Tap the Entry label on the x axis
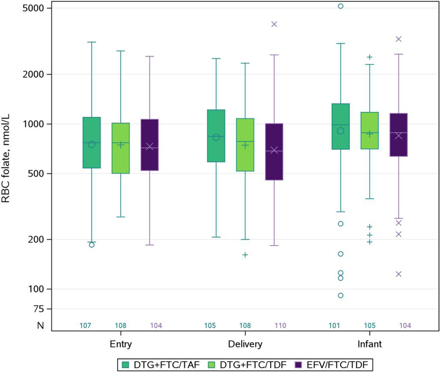(x=120, y=344)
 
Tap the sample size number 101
(x=340, y=325)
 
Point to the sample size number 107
(x=91, y=325)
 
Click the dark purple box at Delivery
(x=274, y=152)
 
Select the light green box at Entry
(x=120, y=148)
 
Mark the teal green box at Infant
(x=341, y=126)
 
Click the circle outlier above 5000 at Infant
(x=341, y=6)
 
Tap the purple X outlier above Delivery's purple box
(x=274, y=24)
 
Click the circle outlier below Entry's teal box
(x=91, y=245)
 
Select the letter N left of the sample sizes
(x=41, y=325)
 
